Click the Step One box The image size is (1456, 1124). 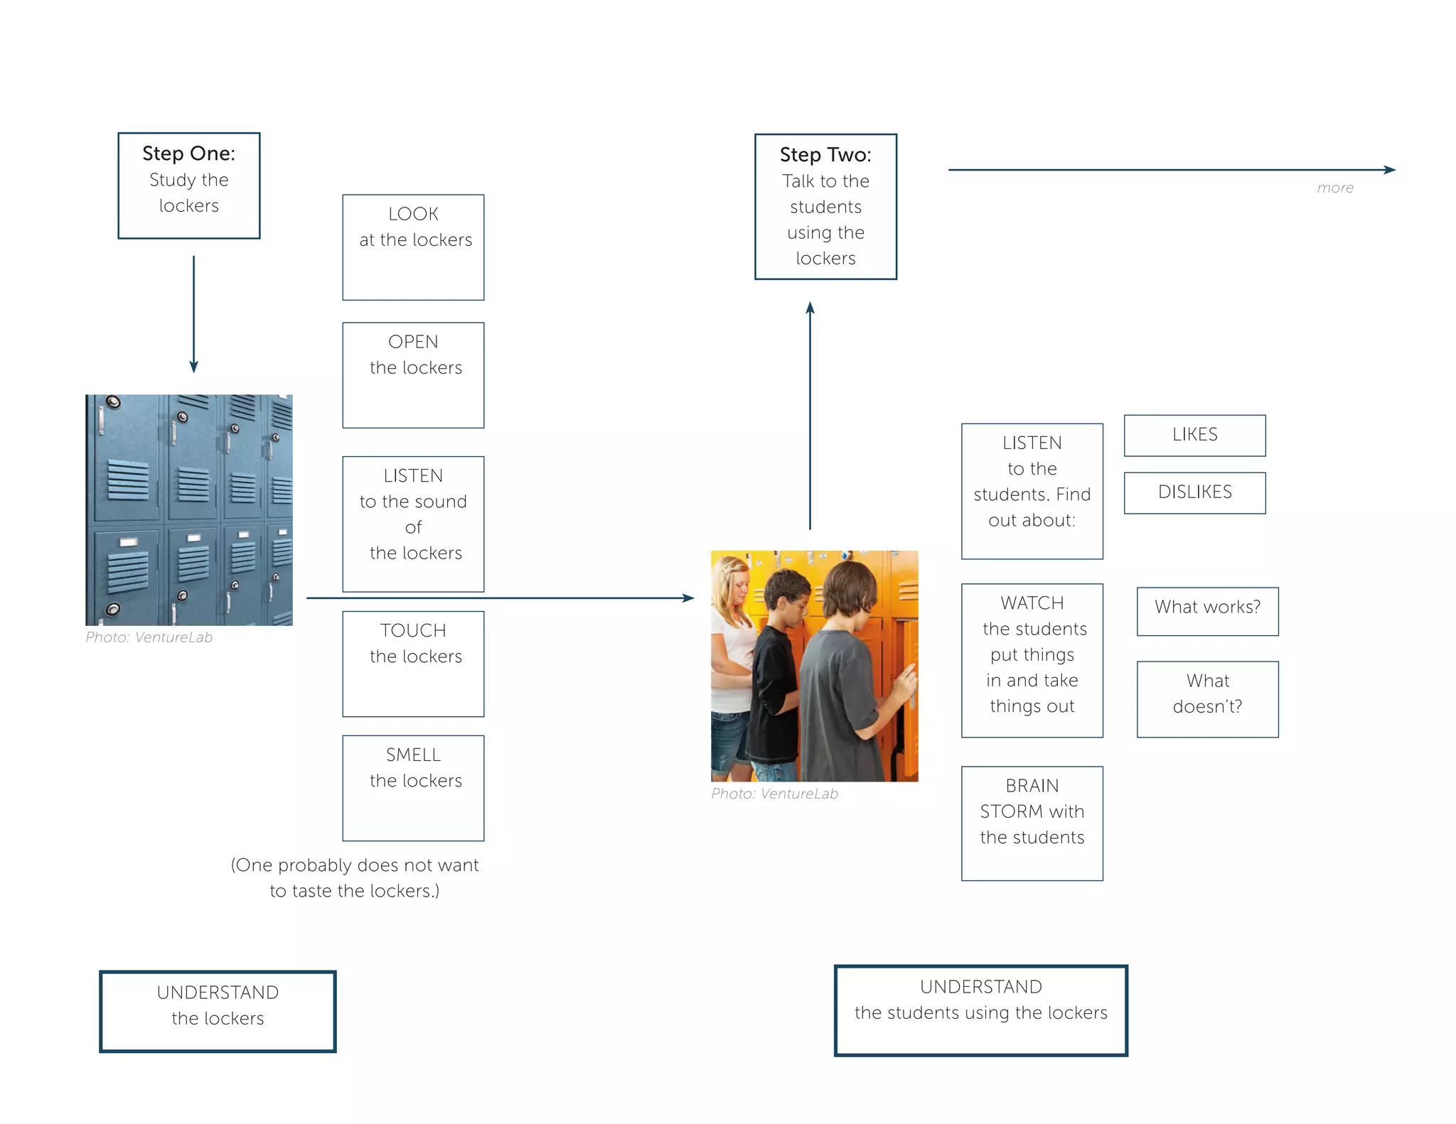[188, 185]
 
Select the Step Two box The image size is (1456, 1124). [825, 207]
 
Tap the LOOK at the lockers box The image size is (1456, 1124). [413, 247]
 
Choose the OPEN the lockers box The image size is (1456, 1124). [413, 375]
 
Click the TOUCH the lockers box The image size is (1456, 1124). [413, 664]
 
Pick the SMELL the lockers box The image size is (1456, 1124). [413, 788]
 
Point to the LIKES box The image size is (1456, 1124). [1194, 435]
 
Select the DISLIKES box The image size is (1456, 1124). [1194, 492]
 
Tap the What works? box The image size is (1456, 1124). [1207, 611]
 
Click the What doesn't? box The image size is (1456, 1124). [1207, 699]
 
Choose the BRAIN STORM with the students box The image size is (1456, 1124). [1032, 823]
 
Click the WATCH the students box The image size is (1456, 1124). [1032, 660]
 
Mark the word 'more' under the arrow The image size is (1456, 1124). [1335, 188]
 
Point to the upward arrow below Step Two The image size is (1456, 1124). [810, 416]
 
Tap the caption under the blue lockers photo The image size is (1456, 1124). [149, 637]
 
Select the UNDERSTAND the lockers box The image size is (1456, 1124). [218, 1011]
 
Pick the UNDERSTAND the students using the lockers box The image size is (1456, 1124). [980, 1010]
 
